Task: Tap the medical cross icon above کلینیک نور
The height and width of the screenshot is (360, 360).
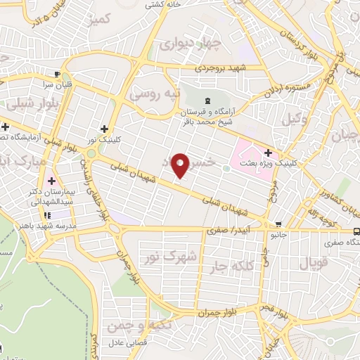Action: click(x=104, y=129)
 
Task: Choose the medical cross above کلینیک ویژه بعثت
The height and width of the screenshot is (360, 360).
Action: click(x=267, y=153)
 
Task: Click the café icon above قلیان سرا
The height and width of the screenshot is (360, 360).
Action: click(x=56, y=73)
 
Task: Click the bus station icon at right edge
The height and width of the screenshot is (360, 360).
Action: click(x=356, y=230)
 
